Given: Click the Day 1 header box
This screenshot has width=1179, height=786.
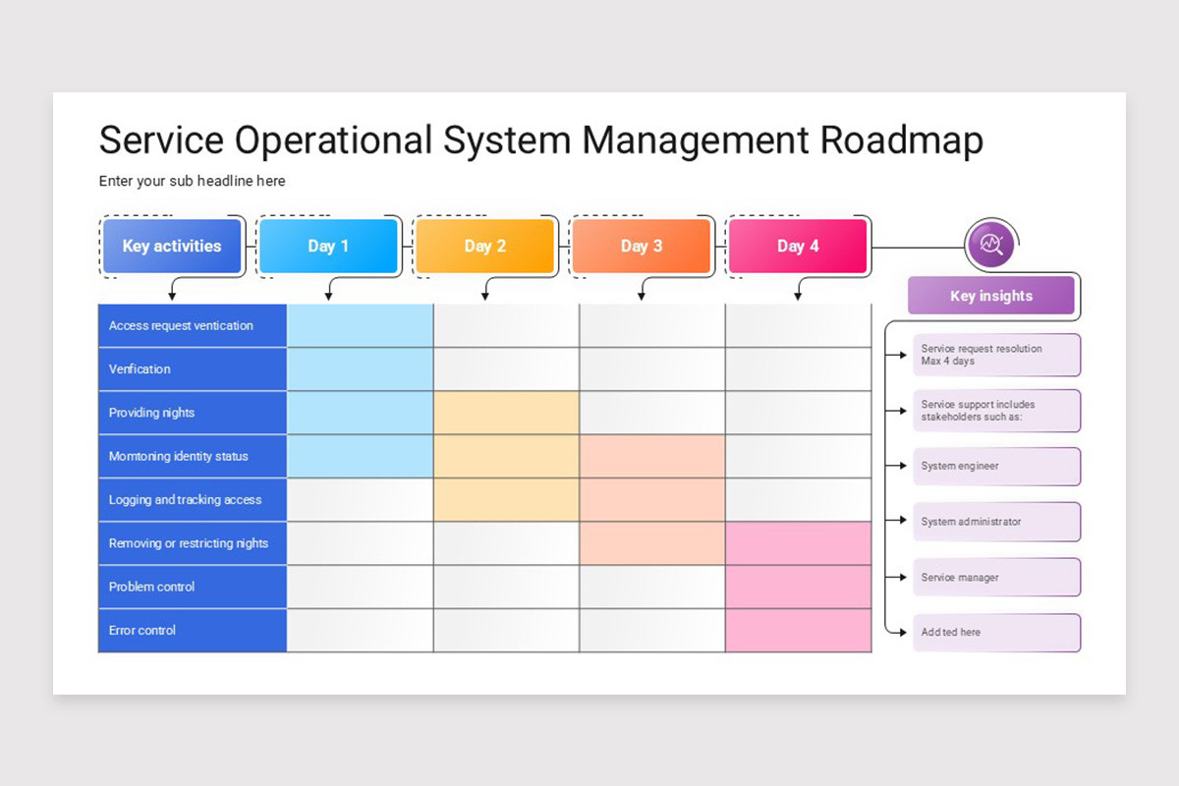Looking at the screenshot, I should pos(328,246).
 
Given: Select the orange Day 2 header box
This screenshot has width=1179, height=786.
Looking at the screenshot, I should pos(484,246).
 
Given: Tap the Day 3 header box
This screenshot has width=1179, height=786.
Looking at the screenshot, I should pos(641,246).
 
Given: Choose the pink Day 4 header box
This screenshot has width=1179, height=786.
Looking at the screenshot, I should pos(798,246).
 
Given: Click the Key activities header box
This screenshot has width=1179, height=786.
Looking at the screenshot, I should pos(172,246).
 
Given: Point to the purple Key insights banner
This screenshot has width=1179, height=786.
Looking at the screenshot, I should pos(990,296).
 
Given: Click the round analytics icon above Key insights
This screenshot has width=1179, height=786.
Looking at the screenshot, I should pos(989,244).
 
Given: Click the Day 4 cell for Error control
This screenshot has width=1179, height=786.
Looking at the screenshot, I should pos(798,630).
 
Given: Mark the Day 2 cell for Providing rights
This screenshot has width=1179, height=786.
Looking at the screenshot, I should pos(506,413).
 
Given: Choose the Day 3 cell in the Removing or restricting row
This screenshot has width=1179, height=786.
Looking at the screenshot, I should pos(652,543).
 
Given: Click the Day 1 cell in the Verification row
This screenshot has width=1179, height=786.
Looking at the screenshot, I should pos(360,369).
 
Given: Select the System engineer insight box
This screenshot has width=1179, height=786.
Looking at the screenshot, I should pos(996,466).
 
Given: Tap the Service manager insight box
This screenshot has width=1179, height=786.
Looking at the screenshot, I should pos(996,577).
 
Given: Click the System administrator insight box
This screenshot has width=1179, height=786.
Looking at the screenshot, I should pos(996,522).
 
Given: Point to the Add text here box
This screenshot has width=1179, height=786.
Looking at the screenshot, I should pos(996,633).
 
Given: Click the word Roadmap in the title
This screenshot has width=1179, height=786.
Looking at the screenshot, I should pos(901,140).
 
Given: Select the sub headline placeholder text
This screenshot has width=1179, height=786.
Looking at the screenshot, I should pos(192,181).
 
